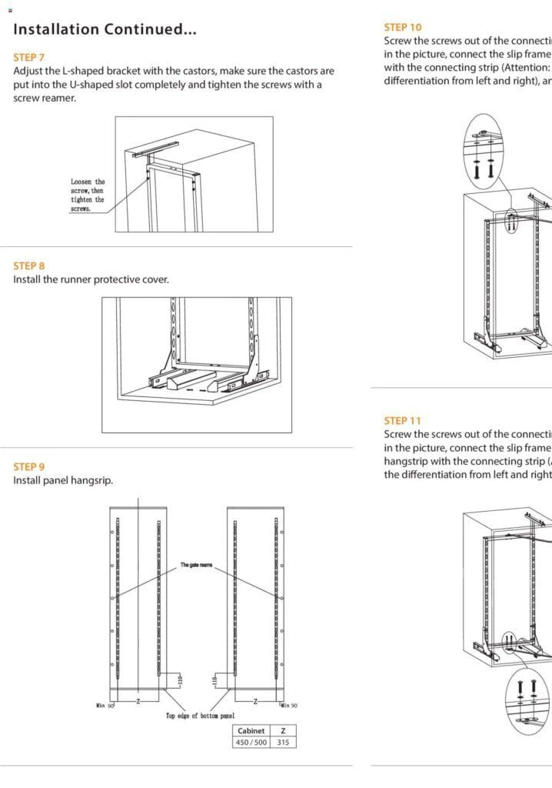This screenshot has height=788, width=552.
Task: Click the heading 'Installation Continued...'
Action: tap(105, 30)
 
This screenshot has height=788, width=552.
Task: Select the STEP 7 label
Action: tap(29, 58)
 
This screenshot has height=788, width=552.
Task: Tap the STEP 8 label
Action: tap(29, 266)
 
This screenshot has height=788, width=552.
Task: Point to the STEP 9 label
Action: tap(29, 467)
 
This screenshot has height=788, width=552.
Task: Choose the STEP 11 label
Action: tap(402, 421)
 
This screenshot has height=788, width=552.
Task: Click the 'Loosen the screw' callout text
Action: tap(88, 195)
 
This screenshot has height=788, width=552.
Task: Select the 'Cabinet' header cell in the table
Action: tap(251, 731)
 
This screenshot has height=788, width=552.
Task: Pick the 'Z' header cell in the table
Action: tap(283, 731)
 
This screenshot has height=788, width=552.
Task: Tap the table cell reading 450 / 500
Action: tap(251, 742)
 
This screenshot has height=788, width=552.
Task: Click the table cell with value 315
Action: tap(283, 742)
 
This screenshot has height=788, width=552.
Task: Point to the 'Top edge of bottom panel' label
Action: tap(200, 716)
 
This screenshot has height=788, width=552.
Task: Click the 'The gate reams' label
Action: tap(196, 566)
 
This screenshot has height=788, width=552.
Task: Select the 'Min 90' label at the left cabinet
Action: tap(105, 705)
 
